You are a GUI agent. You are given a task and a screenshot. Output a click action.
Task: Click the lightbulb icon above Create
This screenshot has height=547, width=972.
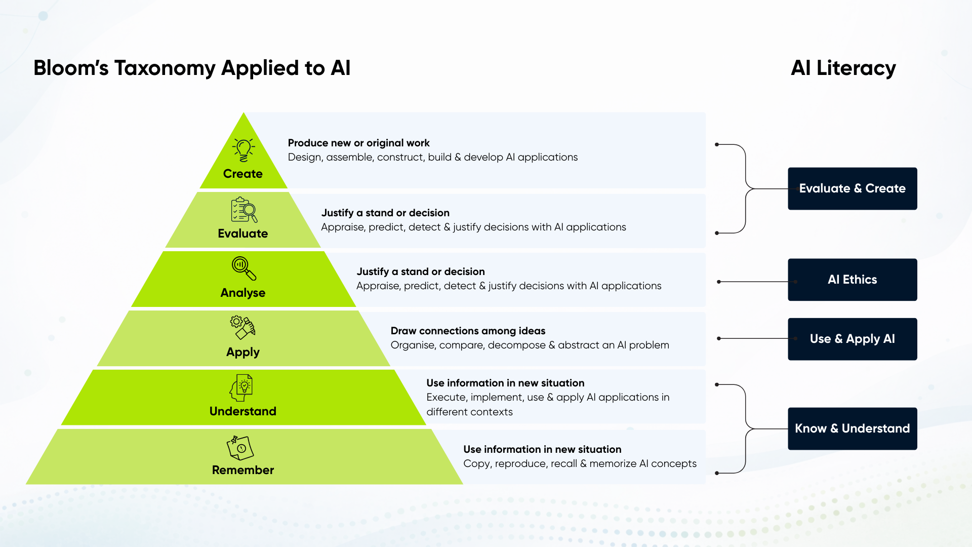click(244, 150)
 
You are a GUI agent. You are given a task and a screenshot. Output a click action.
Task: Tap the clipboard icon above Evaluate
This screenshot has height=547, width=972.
click(244, 210)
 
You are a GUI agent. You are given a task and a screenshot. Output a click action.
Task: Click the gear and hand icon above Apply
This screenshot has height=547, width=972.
click(243, 328)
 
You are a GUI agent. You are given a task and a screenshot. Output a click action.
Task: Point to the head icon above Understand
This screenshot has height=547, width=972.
click(241, 388)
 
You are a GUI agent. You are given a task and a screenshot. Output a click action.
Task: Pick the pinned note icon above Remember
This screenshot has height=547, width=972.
click(240, 448)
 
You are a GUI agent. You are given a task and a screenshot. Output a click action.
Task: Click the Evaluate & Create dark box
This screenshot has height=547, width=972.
click(852, 188)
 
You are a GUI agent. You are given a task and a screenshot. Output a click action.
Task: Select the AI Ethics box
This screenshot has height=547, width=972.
click(852, 280)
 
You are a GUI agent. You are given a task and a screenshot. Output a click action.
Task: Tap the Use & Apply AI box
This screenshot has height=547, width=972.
click(852, 339)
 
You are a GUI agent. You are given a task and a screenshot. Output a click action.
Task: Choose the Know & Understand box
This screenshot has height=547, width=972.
click(852, 428)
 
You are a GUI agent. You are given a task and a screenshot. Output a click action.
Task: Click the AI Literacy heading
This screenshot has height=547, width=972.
click(843, 68)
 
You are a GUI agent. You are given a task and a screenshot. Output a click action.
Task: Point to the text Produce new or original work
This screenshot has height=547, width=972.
click(358, 143)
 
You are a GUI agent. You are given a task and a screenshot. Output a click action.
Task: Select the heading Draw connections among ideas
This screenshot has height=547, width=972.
click(468, 331)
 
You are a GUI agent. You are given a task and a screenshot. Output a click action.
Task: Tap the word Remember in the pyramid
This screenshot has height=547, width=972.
click(243, 470)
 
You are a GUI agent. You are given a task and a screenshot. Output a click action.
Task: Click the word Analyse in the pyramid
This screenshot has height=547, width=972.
click(243, 293)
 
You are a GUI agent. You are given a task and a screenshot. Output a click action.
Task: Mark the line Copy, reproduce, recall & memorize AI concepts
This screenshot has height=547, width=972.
click(580, 463)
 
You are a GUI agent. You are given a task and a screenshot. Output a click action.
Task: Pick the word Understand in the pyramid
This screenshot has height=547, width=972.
click(243, 411)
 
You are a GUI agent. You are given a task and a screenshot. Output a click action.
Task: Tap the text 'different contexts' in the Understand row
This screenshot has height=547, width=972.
click(469, 412)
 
